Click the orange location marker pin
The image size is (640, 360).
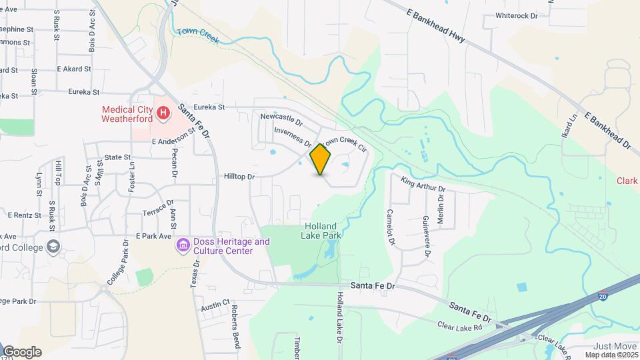[x=321, y=159]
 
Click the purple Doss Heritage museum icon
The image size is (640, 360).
[x=182, y=246]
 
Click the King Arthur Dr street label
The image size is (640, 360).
[x=422, y=185]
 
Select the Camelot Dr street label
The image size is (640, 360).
[x=391, y=227]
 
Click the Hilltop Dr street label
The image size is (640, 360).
[x=239, y=177]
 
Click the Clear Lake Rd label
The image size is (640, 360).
[x=459, y=326]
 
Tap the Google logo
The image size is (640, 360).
[x=21, y=351]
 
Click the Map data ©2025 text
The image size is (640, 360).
[x=611, y=355]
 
